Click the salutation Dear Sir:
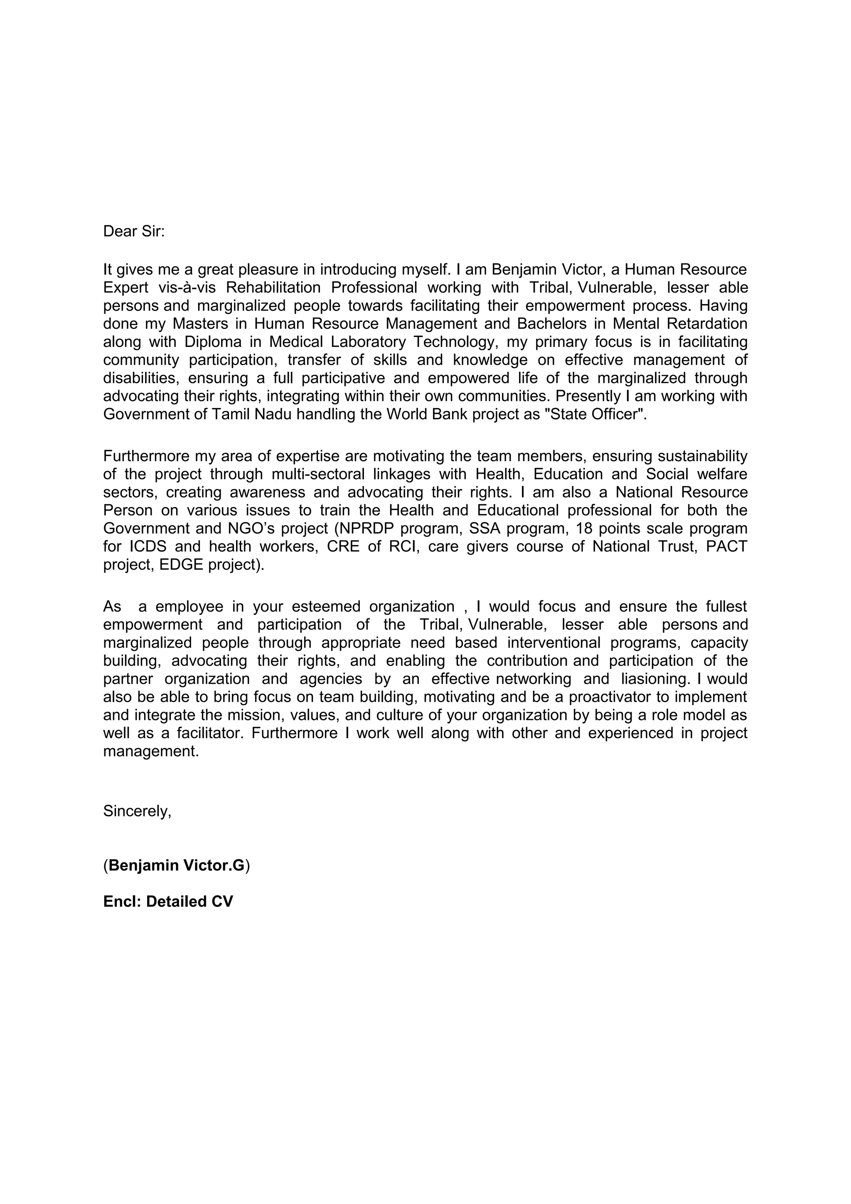click(134, 231)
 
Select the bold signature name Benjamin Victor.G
click(177, 865)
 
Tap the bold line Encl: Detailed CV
click(168, 902)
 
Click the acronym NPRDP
click(366, 528)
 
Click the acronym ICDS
click(148, 546)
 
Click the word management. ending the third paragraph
click(151, 752)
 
